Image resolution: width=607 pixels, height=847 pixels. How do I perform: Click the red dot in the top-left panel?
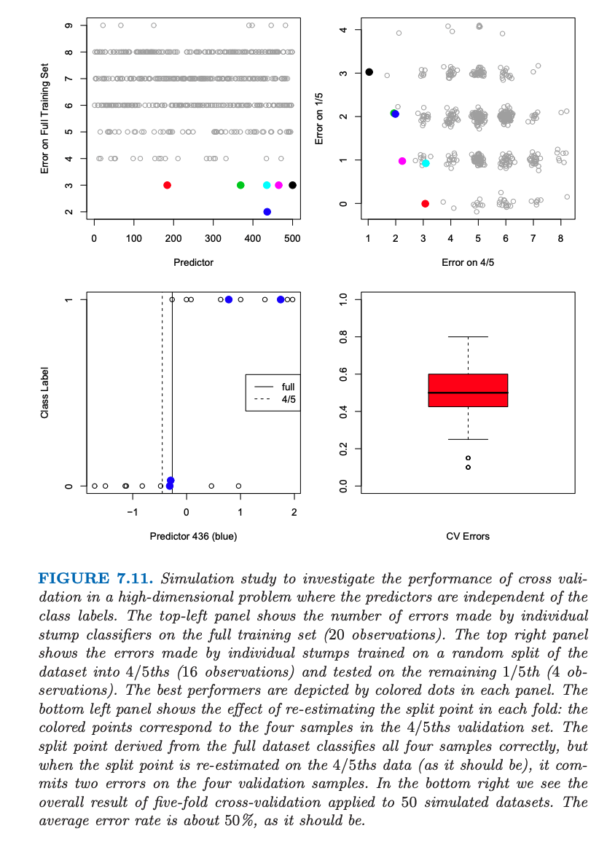tap(167, 185)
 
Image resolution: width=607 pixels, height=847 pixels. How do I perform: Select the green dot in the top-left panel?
tap(240, 185)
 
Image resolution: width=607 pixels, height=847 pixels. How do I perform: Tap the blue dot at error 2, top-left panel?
tap(267, 212)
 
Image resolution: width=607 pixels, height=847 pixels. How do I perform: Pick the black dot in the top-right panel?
tap(369, 71)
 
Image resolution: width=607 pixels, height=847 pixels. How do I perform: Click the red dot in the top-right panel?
tap(425, 203)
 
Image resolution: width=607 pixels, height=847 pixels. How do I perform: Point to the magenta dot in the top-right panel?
tap(402, 161)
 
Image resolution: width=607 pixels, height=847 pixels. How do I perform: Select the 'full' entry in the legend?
tap(288, 386)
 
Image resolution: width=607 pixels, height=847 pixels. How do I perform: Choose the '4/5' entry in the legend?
tap(288, 399)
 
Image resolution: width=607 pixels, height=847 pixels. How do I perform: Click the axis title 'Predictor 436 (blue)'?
tap(193, 536)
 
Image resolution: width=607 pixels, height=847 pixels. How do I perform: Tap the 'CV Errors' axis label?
tap(467, 536)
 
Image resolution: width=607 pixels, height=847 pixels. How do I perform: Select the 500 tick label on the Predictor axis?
tap(292, 238)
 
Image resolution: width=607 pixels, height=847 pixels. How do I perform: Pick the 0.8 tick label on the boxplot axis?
tap(336, 336)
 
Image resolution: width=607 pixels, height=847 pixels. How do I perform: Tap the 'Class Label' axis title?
tap(45, 393)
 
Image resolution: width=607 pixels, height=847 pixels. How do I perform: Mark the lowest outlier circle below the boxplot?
tap(468, 467)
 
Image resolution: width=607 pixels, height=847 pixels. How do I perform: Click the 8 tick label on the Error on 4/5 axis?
tap(560, 238)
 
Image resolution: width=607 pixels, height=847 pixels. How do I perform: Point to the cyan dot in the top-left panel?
tap(267, 185)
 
